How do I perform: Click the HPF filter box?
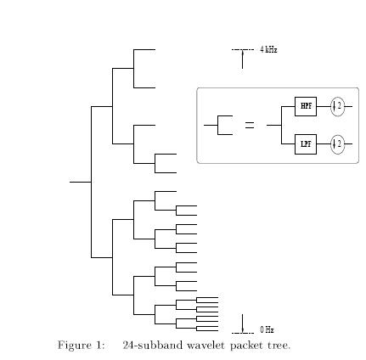(x=306, y=106)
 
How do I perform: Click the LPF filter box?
(x=306, y=144)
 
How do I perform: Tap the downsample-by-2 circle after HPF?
(x=338, y=106)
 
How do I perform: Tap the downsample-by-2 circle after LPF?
(x=338, y=144)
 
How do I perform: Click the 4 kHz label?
(x=268, y=50)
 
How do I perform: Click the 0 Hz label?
(x=267, y=329)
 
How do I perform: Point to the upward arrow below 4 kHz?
(x=242, y=59)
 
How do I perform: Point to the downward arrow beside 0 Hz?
(x=242, y=323)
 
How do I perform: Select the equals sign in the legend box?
(x=250, y=126)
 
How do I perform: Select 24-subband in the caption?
(x=153, y=346)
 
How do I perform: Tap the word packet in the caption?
(x=246, y=346)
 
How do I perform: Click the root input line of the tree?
(x=81, y=182)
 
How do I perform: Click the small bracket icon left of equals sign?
(x=217, y=125)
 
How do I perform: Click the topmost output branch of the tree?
(x=144, y=49)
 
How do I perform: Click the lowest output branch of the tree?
(x=207, y=331)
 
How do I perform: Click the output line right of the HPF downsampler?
(x=349, y=106)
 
